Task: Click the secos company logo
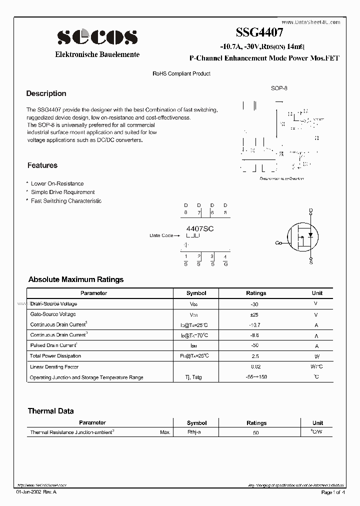(x=97, y=36)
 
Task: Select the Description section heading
(x=46, y=93)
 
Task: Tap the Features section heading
(x=42, y=165)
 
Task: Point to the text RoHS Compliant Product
(x=181, y=73)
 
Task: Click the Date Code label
(x=161, y=235)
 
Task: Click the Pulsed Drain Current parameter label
(x=53, y=345)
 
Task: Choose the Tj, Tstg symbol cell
(x=196, y=377)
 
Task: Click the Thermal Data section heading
(x=50, y=411)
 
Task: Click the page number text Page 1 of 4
(x=332, y=492)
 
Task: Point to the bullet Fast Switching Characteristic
(x=66, y=201)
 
